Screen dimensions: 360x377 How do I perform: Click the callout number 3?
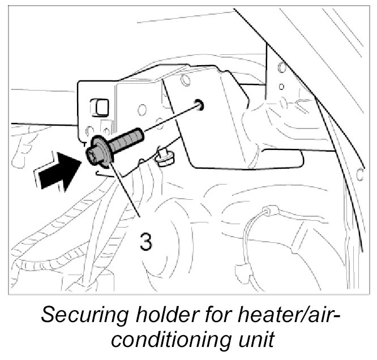point(145,242)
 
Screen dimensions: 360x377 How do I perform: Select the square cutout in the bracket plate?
point(101,105)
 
